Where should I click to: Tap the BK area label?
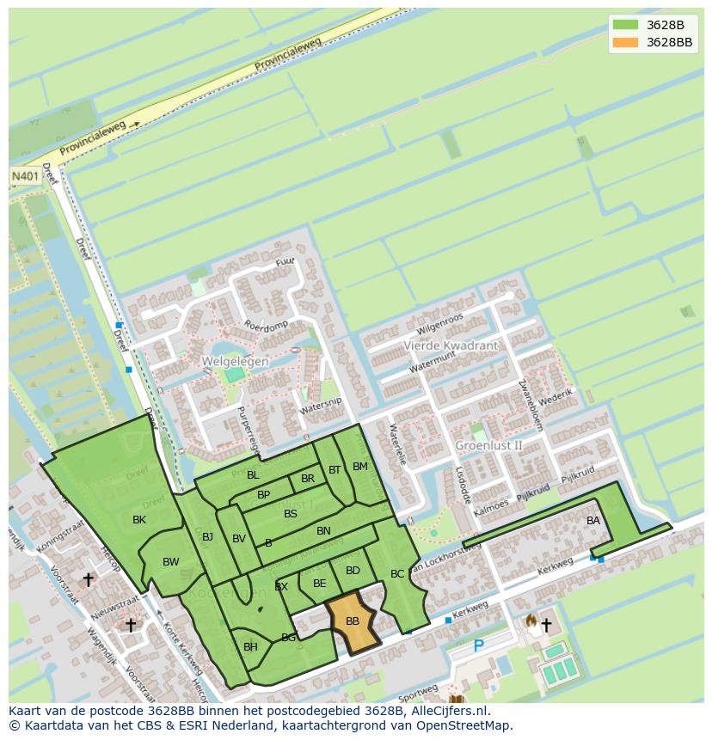(139, 520)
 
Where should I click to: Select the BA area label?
(593, 521)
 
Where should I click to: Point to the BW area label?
(171, 562)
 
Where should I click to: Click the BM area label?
(360, 467)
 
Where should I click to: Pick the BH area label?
(250, 647)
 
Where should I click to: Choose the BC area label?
(397, 574)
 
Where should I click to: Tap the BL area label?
(253, 475)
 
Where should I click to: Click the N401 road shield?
(23, 175)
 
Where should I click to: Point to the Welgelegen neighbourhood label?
(235, 362)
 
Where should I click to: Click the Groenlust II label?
(488, 445)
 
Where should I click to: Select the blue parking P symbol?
(479, 645)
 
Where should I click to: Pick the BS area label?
(291, 514)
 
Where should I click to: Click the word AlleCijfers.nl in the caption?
(447, 711)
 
